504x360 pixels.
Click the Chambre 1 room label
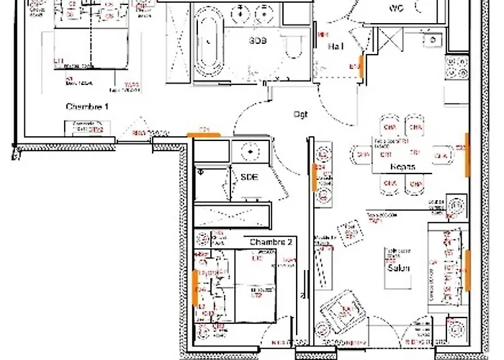pos(87,107)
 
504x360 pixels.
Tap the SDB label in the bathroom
pos(258,41)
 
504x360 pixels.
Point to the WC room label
pos(396,9)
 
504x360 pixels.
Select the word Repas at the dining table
pos(402,166)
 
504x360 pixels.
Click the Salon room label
pos(398,268)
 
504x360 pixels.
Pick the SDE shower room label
pos(249,177)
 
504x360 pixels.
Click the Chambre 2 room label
pos(271,241)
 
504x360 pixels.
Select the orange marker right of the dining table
pos(467,154)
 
